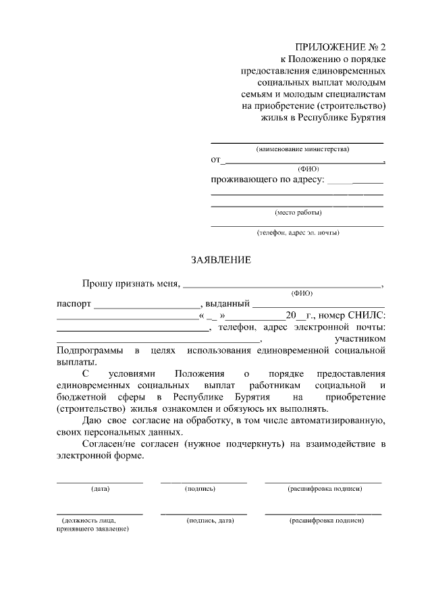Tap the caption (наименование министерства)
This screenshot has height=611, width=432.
pos(298,149)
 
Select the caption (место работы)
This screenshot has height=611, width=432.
pos(298,212)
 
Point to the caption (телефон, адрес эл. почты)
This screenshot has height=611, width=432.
pos(298,233)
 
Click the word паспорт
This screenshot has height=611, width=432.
pos(74,304)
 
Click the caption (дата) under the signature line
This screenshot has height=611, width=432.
pos(100,488)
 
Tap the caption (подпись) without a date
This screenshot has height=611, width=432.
pos(200,488)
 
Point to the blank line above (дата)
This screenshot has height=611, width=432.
pos(99,482)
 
